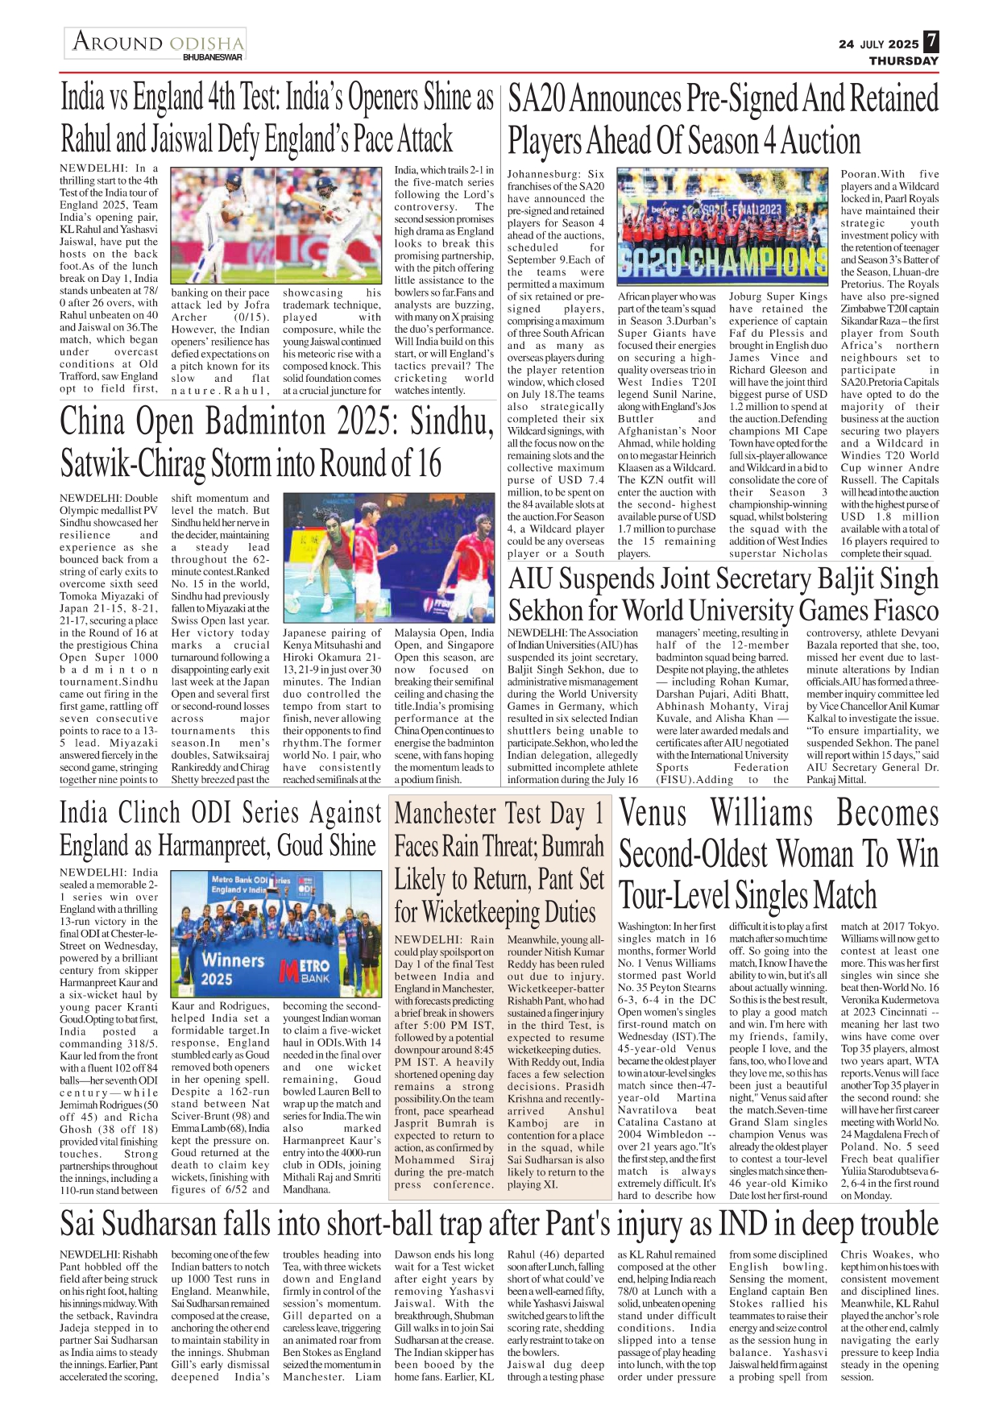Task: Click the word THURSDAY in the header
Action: coord(903,60)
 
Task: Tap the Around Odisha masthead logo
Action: coord(156,44)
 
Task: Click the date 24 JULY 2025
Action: coord(878,44)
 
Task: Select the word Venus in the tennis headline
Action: coord(653,813)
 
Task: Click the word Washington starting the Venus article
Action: coord(643,927)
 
